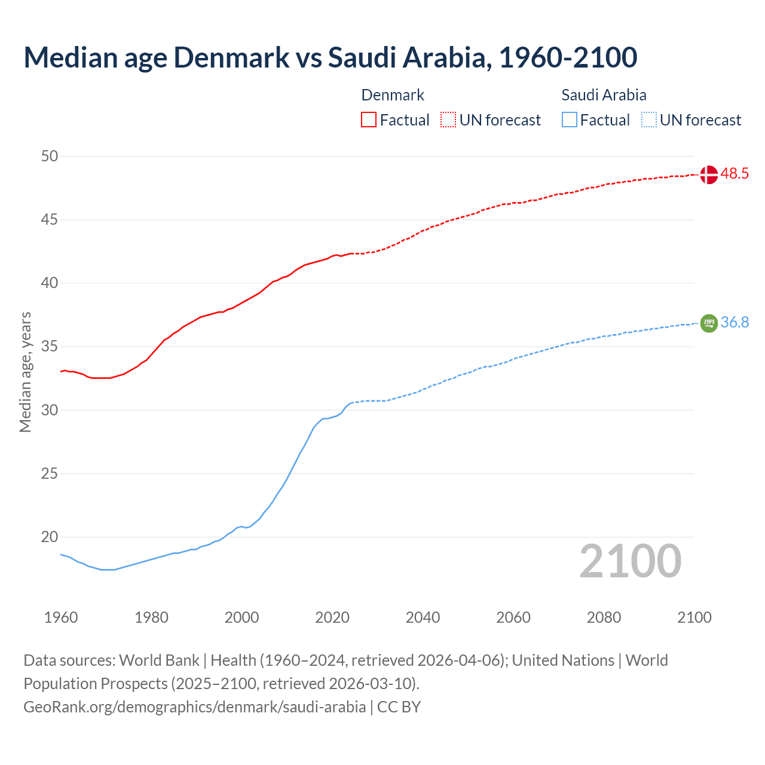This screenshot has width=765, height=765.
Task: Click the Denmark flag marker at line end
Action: (x=708, y=175)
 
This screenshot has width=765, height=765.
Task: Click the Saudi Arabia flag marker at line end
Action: (x=708, y=323)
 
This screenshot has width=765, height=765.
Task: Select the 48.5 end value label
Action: (x=735, y=174)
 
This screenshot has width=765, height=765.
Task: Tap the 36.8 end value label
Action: (x=735, y=323)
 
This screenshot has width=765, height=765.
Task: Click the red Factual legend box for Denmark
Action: (x=369, y=120)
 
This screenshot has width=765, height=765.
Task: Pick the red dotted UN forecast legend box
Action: (x=448, y=120)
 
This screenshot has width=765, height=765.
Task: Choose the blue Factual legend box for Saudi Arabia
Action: (x=569, y=120)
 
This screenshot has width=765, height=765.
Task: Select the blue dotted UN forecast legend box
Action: (x=648, y=120)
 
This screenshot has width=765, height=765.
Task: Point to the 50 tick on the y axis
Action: (x=50, y=157)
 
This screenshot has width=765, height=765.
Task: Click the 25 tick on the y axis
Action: (x=50, y=474)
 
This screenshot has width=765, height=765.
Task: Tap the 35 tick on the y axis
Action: (x=50, y=347)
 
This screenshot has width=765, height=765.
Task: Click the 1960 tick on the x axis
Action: (x=61, y=617)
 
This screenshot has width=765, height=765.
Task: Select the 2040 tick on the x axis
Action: (x=423, y=617)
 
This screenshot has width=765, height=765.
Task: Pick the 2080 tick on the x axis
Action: (x=604, y=617)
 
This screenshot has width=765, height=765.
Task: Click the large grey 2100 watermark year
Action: (x=630, y=561)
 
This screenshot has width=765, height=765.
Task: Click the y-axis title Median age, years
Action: (x=25, y=372)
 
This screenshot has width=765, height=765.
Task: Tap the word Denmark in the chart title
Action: (x=232, y=57)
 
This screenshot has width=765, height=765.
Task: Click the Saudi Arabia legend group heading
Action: (x=604, y=95)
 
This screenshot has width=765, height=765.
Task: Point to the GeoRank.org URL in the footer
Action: (x=194, y=707)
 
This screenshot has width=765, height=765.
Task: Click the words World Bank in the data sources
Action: (x=159, y=660)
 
